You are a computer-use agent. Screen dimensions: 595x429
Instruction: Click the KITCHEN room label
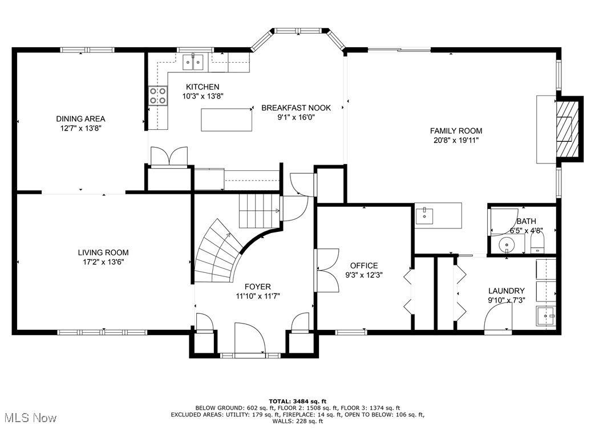203,87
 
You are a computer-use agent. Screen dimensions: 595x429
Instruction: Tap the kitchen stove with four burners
158,96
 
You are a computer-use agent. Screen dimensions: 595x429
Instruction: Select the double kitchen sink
193,62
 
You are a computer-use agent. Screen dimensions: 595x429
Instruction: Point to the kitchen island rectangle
226,120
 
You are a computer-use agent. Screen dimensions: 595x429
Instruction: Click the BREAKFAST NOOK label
296,108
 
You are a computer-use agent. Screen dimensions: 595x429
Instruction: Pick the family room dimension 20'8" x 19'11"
456,140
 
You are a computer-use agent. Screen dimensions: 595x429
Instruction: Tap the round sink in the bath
506,244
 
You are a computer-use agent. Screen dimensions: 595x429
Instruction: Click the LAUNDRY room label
506,291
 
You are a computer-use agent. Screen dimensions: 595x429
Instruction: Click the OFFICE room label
364,265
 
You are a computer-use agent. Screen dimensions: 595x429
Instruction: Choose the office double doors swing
326,270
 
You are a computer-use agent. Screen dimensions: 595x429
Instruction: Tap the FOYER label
258,287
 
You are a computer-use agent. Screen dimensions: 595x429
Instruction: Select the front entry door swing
250,338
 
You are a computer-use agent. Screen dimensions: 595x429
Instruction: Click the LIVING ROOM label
103,252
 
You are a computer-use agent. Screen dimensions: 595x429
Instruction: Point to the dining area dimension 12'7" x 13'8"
80,128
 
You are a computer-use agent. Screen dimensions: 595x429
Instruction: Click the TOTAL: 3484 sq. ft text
298,401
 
